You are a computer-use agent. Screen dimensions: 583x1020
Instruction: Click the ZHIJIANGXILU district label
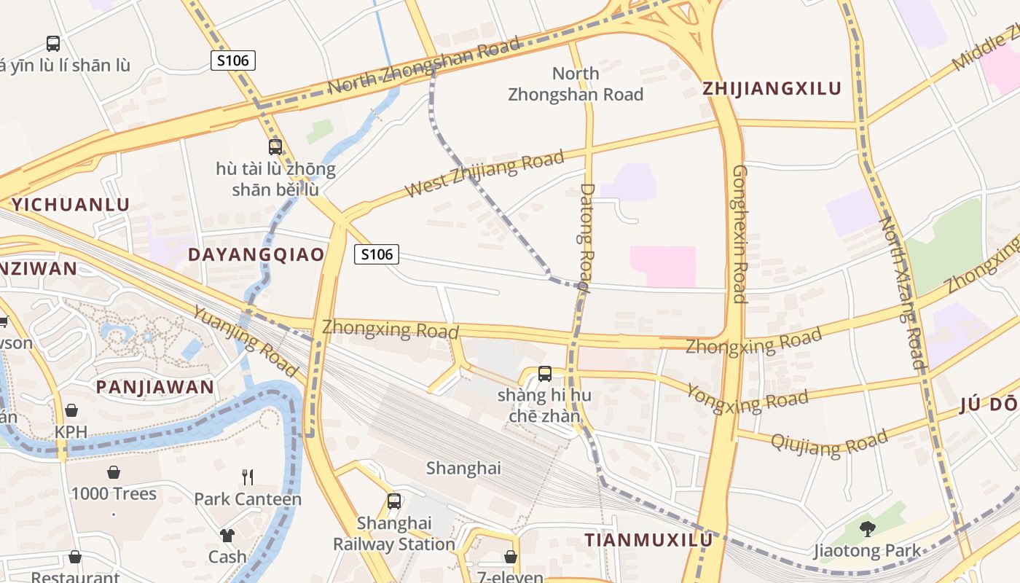pos(772,89)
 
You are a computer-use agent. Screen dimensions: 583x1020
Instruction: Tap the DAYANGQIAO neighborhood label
pos(256,254)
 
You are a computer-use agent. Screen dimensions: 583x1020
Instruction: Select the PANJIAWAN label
pos(155,387)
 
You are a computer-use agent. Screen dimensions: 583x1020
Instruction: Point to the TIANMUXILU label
pos(648,540)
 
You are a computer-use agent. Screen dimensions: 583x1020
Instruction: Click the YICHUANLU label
pos(71,205)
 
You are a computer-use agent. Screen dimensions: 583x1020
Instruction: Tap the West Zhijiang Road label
pos(485,174)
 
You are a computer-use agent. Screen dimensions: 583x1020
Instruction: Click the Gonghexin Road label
pos(739,233)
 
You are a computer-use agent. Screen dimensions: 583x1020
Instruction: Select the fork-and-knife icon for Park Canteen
pos(248,477)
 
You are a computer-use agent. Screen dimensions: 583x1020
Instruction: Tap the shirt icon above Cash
pos(227,536)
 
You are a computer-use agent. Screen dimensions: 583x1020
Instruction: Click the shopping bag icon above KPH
pos(71,411)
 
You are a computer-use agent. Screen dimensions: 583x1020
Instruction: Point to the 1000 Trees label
pos(114,494)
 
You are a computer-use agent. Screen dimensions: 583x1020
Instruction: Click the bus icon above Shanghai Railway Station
pos(394,501)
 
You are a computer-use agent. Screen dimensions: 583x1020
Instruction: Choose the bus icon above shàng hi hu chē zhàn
pos(544,374)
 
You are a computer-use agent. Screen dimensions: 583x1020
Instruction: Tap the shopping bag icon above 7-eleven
pos(511,557)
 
